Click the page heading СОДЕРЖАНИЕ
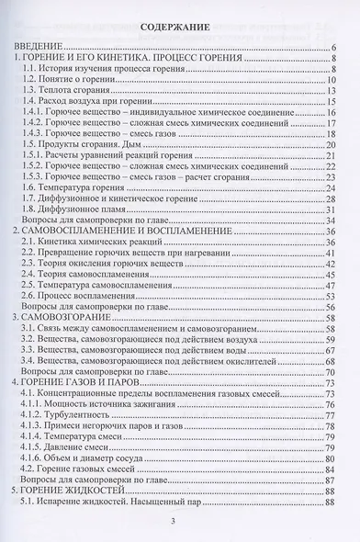pos(179,28)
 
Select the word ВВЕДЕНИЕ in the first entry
pos(36,46)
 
